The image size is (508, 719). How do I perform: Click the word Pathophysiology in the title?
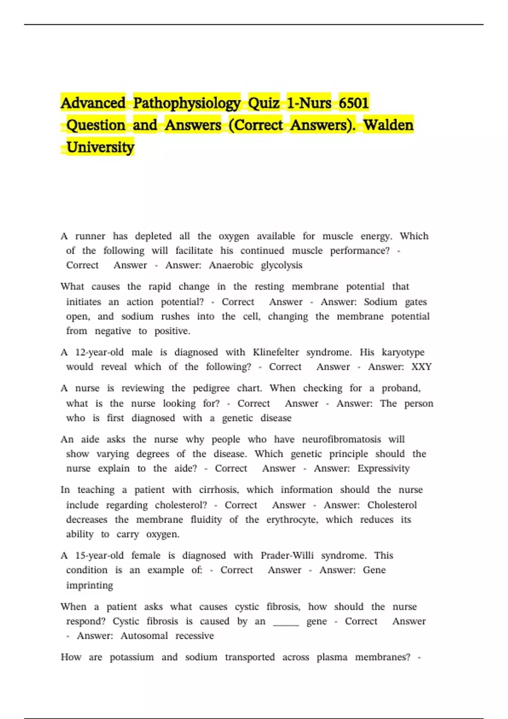tap(187, 103)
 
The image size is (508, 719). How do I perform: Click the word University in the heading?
tap(100, 147)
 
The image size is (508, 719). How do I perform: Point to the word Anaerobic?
tap(231, 265)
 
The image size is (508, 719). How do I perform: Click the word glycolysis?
tap(282, 265)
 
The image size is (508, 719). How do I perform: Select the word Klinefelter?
tap(276, 352)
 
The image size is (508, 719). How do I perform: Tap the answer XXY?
tap(421, 367)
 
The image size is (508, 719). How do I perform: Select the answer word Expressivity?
tap(384, 469)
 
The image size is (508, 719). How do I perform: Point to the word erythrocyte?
tap(292, 520)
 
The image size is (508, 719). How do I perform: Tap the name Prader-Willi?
tap(287, 555)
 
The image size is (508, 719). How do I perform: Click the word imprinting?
tap(90, 585)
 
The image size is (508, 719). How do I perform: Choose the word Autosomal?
tap(144, 636)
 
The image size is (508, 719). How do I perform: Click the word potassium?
tap(132, 657)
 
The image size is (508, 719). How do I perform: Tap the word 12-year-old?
tap(99, 352)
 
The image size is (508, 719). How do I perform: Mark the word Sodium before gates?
tap(380, 302)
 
